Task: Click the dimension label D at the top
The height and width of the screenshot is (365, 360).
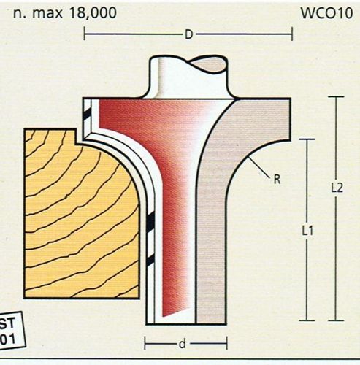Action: (189, 34)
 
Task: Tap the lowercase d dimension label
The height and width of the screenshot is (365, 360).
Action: (183, 344)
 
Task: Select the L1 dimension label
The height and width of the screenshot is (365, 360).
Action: (307, 231)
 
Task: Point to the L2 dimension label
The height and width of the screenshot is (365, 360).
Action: (337, 188)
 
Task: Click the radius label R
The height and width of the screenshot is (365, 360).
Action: (277, 180)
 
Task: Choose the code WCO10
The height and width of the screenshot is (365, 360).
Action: (326, 13)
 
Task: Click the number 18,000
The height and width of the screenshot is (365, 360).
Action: (93, 12)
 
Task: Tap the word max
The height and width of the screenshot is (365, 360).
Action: (47, 13)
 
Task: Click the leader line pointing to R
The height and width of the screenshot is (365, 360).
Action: (259, 168)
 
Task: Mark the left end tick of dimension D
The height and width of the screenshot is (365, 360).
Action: (84, 34)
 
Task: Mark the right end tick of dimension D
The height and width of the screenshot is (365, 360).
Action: (292, 34)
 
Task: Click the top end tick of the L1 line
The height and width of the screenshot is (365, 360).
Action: (307, 139)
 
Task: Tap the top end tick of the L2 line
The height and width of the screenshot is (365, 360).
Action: (336, 97)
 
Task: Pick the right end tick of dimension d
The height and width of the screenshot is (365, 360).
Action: (226, 343)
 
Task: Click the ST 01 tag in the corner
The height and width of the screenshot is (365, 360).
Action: (11, 331)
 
